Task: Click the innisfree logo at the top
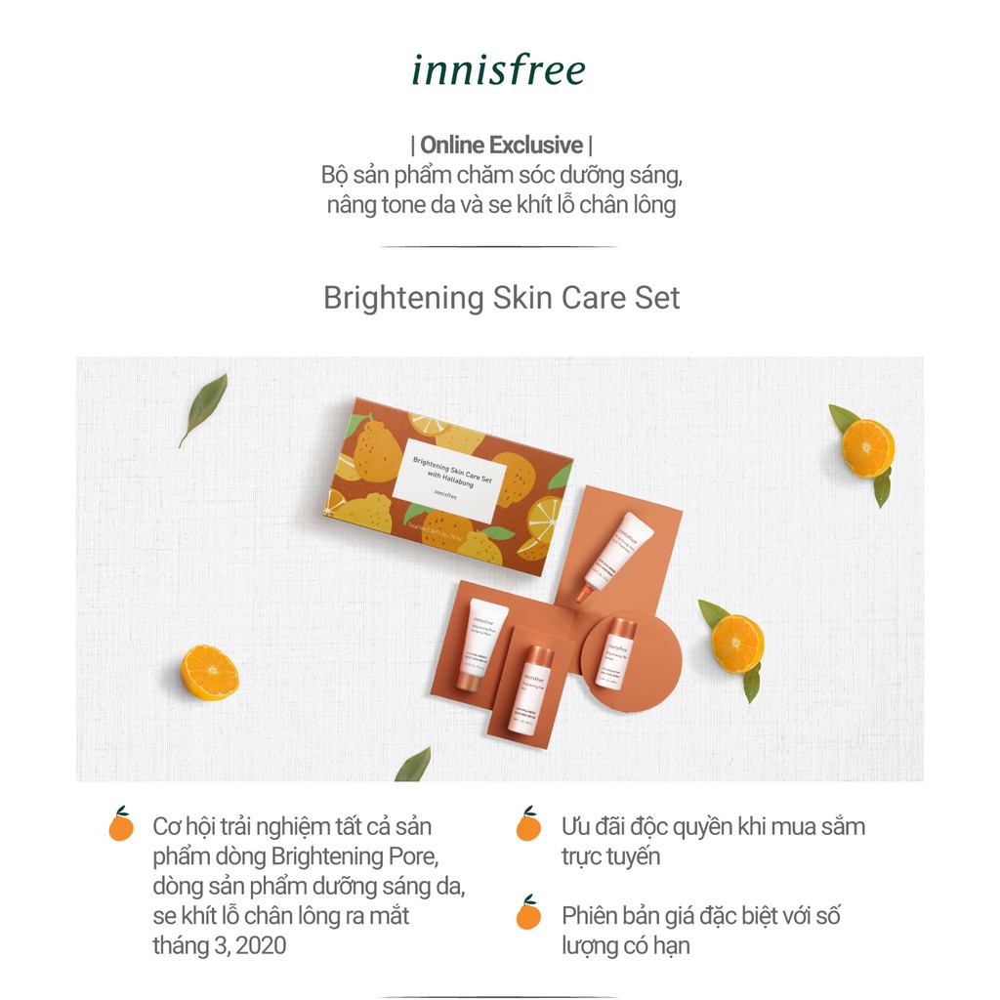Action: pyautogui.click(x=498, y=70)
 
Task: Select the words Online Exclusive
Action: pyautogui.click(x=501, y=146)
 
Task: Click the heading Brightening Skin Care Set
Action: pyautogui.click(x=501, y=298)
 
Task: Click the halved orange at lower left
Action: pyautogui.click(x=210, y=673)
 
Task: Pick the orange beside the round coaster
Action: pyautogui.click(x=737, y=644)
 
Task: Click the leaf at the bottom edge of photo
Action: pyautogui.click(x=414, y=766)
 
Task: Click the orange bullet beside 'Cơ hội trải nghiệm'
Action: pyautogui.click(x=121, y=825)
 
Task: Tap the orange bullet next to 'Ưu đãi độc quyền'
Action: pyautogui.click(x=528, y=825)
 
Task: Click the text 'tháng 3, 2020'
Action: pyautogui.click(x=220, y=946)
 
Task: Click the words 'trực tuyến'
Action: pyautogui.click(x=611, y=856)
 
